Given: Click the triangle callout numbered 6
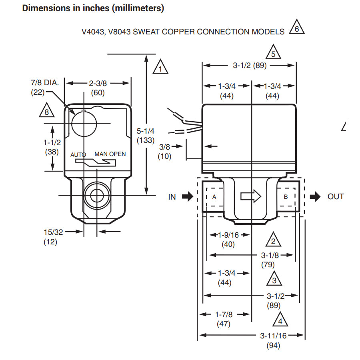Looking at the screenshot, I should [296, 28].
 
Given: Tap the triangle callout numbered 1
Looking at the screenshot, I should [160, 68].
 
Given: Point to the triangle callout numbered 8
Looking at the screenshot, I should [47, 111].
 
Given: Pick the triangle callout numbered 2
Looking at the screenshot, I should [273, 240].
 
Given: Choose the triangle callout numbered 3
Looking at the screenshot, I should [274, 280].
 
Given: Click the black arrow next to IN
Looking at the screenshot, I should [187, 196].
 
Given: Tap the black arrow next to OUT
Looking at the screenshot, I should [315, 196].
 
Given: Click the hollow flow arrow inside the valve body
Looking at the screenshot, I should [250, 196].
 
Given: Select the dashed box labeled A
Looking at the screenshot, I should [214, 197].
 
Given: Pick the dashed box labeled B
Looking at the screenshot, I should [286, 197].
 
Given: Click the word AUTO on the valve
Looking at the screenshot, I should [78, 154].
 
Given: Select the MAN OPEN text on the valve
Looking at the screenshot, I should [110, 154].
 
